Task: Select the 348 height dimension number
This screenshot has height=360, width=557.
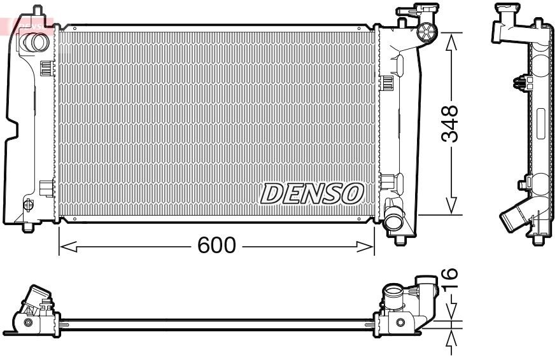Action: coord(450,125)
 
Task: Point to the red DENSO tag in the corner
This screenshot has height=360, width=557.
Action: coord(25,24)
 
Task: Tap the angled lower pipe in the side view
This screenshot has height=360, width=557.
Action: coord(515,217)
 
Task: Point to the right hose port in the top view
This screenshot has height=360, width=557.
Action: coord(393,296)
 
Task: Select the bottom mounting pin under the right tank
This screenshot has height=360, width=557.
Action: coord(400,239)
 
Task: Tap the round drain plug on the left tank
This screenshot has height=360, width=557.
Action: coord(27,205)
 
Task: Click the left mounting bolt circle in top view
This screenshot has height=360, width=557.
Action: coord(28,323)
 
